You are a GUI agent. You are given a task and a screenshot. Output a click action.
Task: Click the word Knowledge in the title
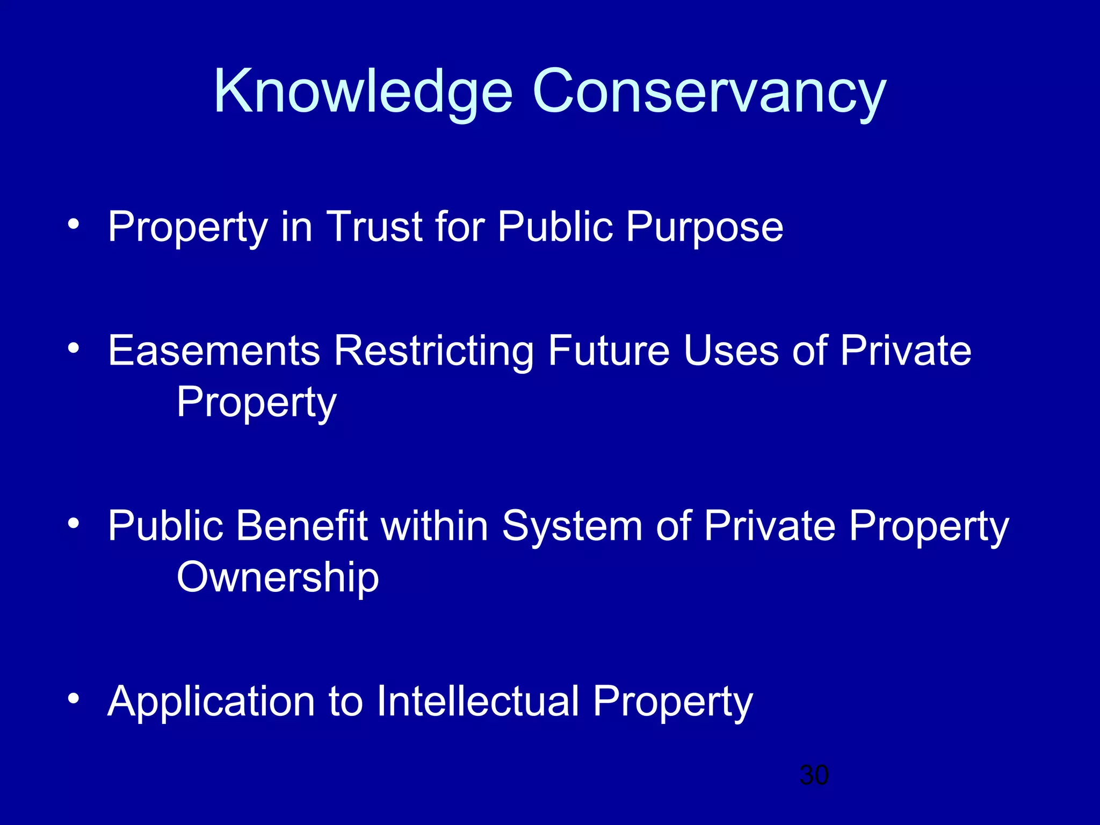coord(363,92)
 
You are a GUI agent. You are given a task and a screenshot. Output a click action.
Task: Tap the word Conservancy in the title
coord(709,92)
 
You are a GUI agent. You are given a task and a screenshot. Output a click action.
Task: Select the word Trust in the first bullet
coord(374,227)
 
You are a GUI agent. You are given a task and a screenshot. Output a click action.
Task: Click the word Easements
coord(214,351)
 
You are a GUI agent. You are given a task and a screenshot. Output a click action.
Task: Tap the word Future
coord(609,351)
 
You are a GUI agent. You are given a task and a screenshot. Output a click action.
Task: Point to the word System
coord(572,527)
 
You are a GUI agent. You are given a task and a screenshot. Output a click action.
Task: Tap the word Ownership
coord(278,578)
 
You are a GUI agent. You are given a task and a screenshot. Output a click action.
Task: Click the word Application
coord(211,703)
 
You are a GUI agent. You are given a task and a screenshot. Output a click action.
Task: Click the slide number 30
coord(814,776)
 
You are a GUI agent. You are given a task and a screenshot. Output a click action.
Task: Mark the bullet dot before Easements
coord(74,348)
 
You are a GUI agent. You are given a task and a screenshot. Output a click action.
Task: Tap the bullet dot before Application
coord(74,698)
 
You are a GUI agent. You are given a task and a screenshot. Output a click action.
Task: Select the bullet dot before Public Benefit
coord(74,523)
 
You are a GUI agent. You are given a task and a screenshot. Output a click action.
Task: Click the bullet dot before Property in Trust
coord(74,223)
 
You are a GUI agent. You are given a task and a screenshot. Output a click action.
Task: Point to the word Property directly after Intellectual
coord(673,703)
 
